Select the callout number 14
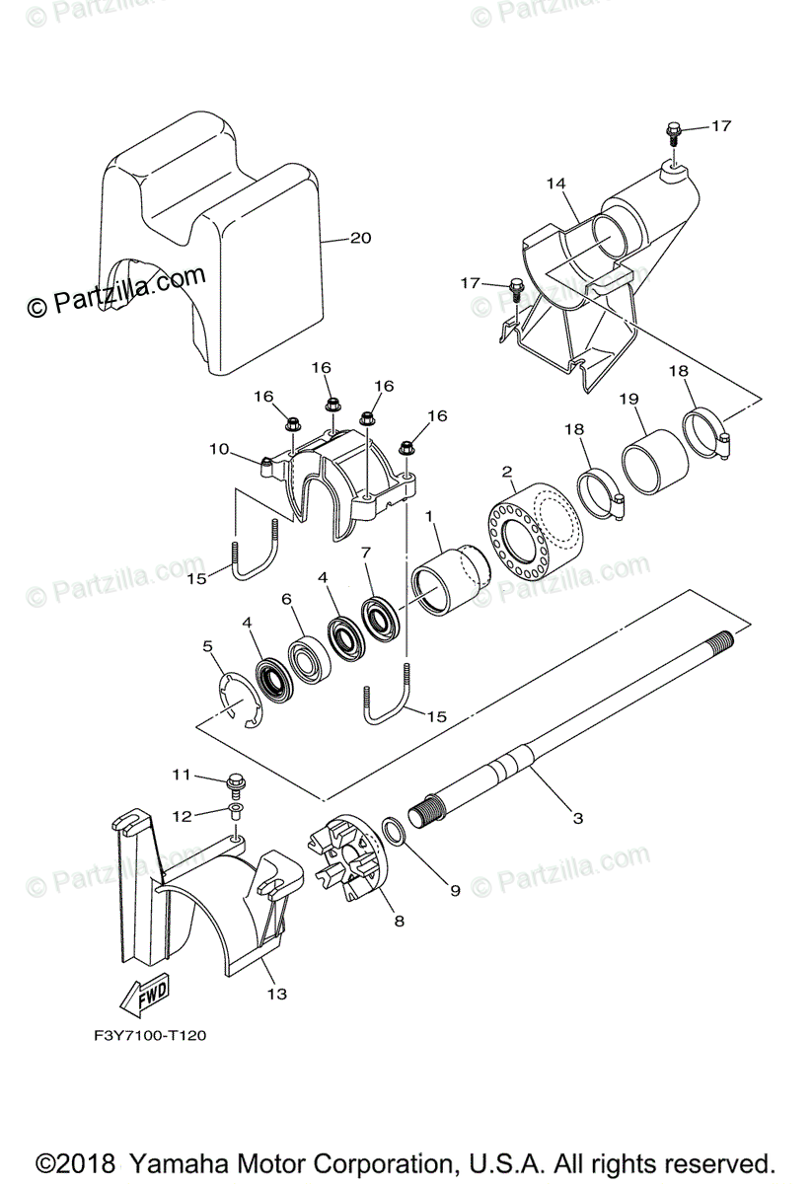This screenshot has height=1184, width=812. pyautogui.click(x=555, y=184)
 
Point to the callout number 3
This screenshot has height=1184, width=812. pyautogui.click(x=578, y=817)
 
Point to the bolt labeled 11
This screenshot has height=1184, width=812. pyautogui.click(x=237, y=785)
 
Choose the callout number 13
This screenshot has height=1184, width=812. pyautogui.click(x=276, y=994)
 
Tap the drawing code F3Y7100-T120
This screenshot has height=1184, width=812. pyautogui.click(x=144, y=1035)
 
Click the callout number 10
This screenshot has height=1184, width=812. pyautogui.click(x=219, y=450)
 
